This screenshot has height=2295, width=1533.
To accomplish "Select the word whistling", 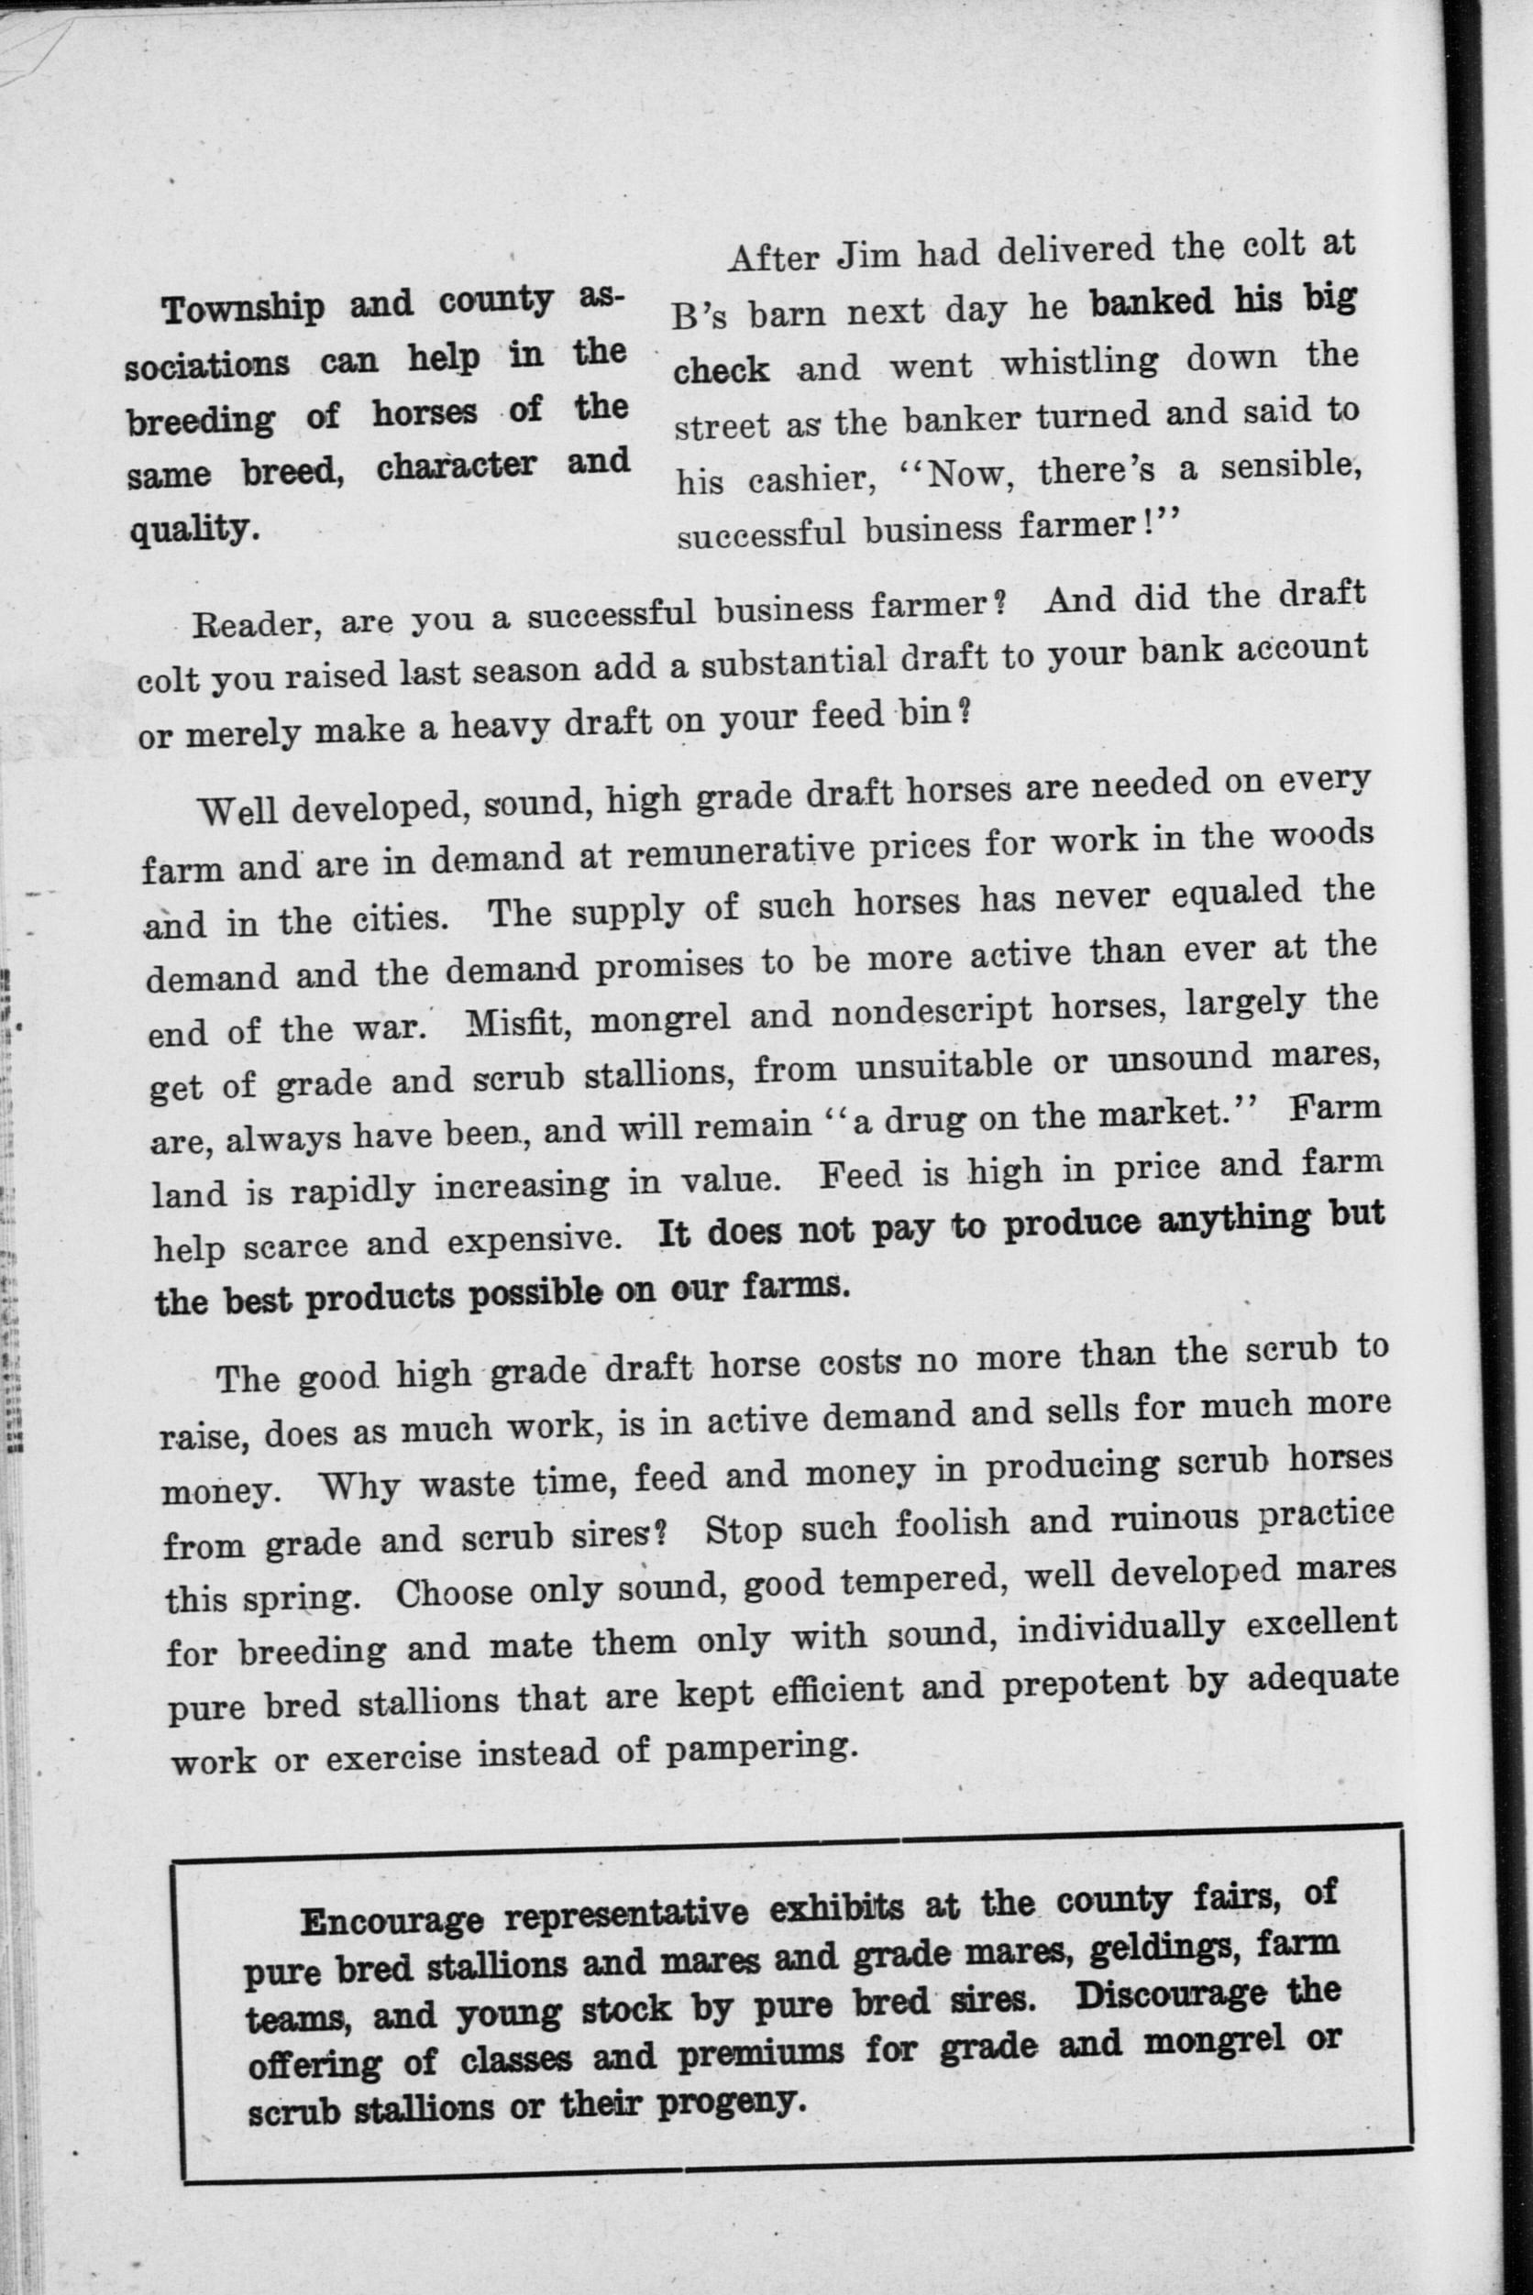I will point(1079,363).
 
